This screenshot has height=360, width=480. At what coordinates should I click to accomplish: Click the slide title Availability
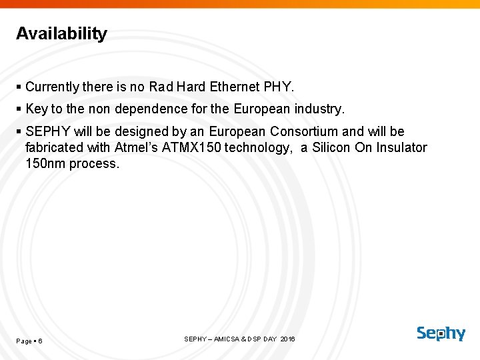pos(61,34)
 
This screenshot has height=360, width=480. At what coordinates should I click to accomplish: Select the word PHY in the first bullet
pos(278,87)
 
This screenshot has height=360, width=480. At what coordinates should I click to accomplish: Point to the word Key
pos(36,109)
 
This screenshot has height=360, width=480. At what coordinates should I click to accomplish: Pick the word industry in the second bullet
pos(319,109)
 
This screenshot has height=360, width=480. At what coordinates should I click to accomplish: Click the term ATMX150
pos(190,147)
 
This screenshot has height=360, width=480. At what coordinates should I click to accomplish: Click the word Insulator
pos(401,147)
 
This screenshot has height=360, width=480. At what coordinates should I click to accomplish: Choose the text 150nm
pos(43,163)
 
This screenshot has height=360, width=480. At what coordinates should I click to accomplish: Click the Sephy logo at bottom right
pos(441,333)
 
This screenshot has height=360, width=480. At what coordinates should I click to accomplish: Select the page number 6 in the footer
pos(40,341)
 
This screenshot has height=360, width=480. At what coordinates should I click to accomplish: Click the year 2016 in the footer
pos(287,339)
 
